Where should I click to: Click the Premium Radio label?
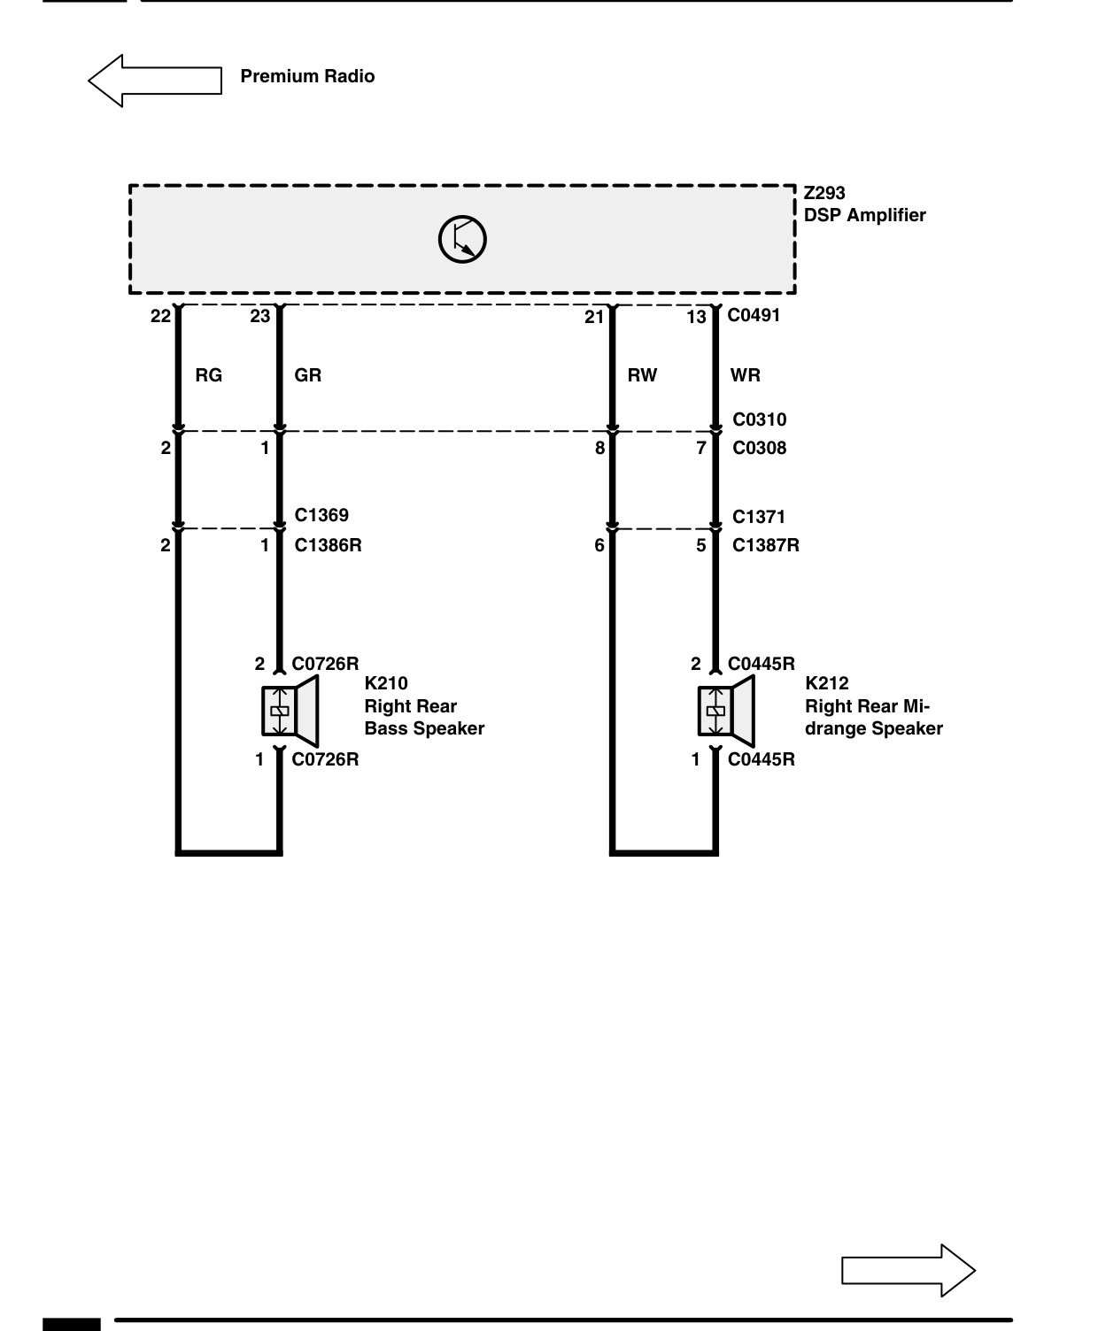coord(307,76)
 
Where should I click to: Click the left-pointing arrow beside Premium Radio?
coord(155,81)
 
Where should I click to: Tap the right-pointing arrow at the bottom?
coord(908,1270)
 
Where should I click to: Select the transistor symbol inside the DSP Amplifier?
coord(462,240)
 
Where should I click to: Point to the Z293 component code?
coord(824,193)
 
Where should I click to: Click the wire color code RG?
coord(209,375)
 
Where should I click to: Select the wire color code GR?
coord(307,375)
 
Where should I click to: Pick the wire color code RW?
coord(642,375)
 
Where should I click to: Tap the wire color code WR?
coord(746,375)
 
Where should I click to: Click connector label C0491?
coord(754,315)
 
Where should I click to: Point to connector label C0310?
coord(759,419)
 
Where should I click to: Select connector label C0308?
coord(759,448)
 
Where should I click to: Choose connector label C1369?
coord(321,515)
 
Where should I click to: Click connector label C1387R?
coord(766,545)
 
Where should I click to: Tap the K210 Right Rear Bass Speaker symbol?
coord(290,711)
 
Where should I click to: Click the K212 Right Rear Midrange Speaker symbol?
coord(726,711)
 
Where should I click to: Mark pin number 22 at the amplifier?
coord(160,316)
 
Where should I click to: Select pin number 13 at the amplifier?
coord(696,317)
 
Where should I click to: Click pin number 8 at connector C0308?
coord(599,448)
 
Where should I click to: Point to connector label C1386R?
coord(328,545)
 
